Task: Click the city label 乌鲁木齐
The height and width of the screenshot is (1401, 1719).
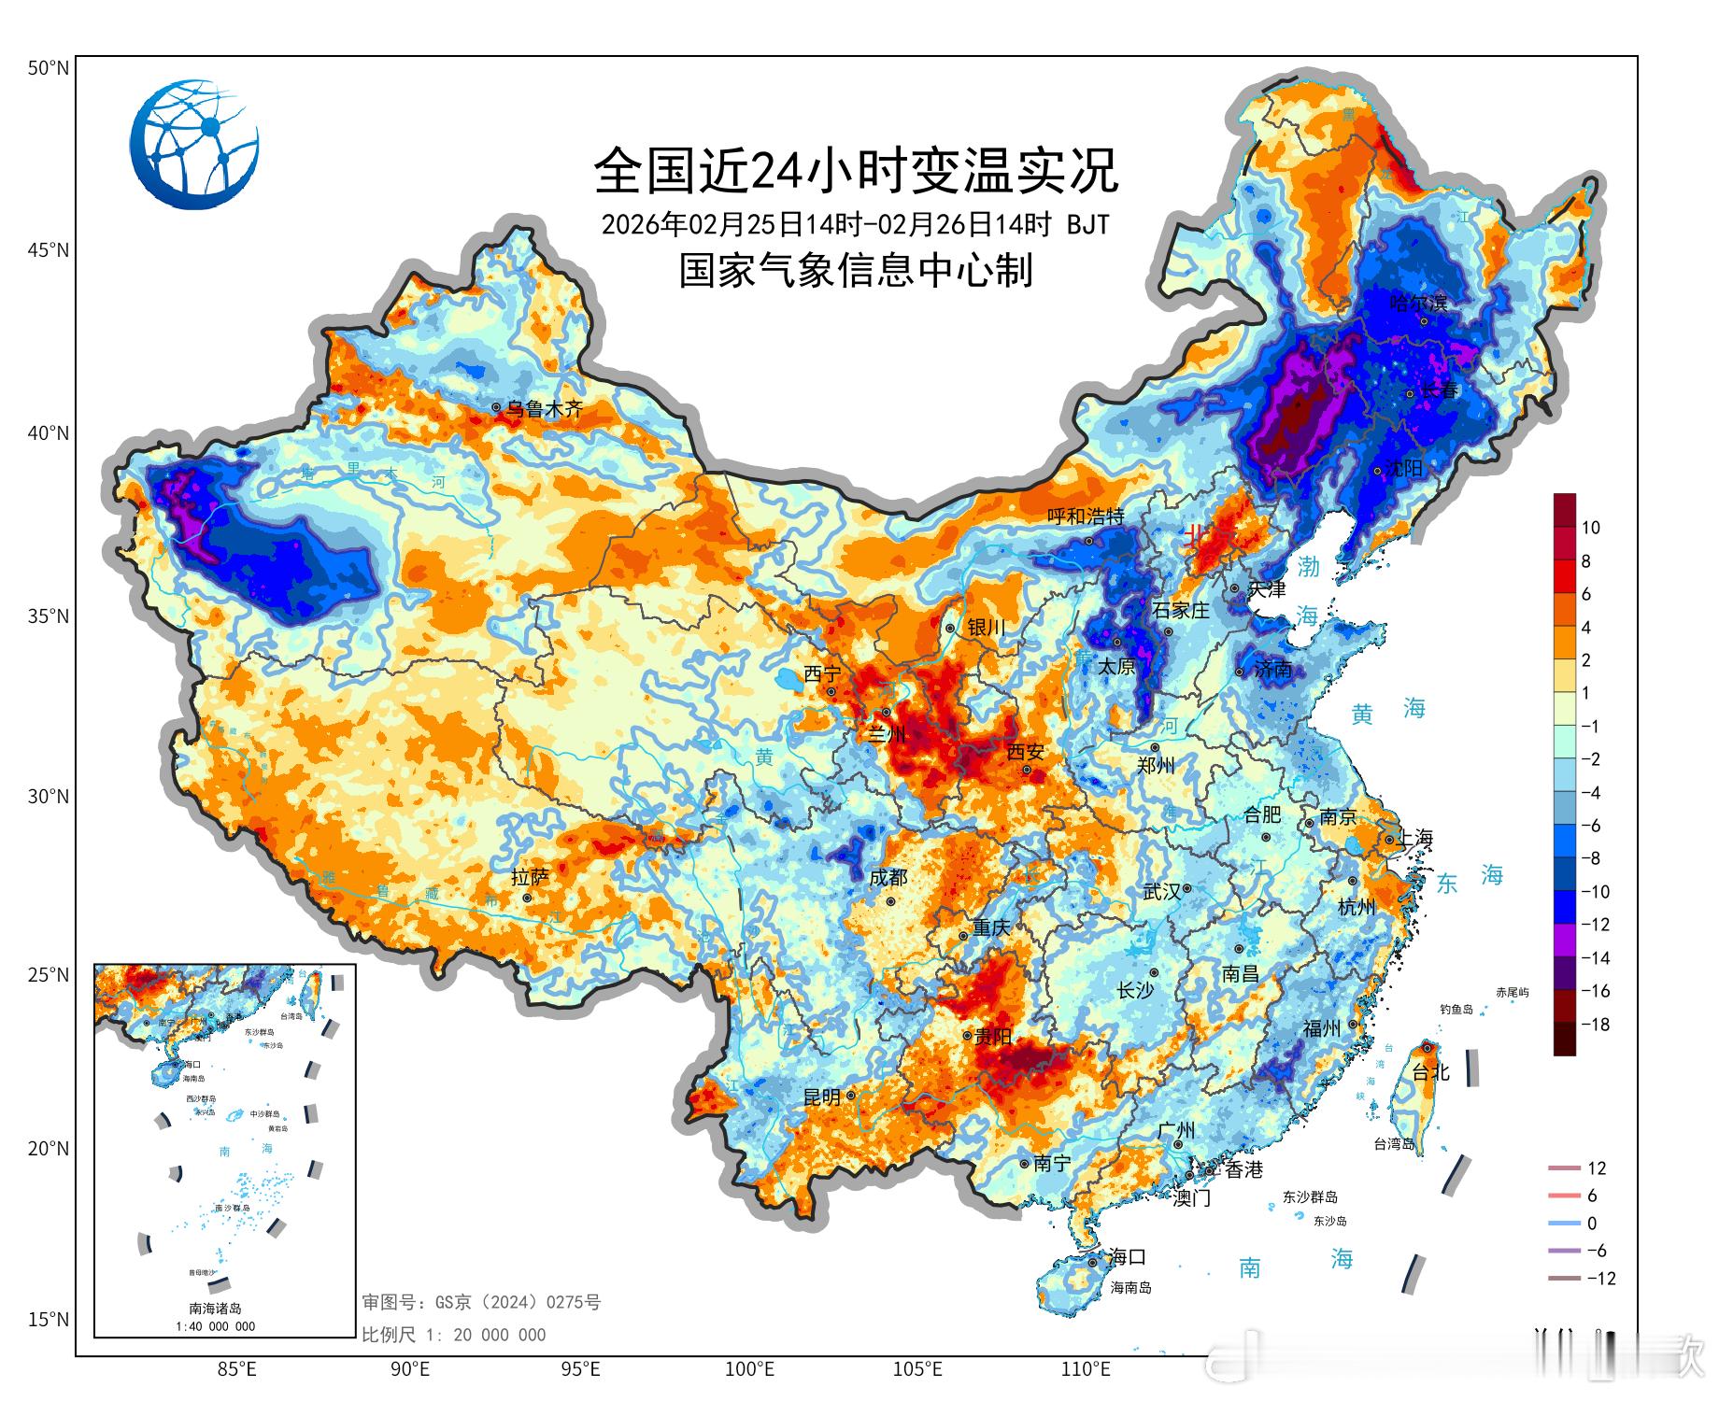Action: pyautogui.click(x=544, y=409)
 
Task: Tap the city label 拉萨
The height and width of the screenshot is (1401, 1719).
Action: pyautogui.click(x=530, y=878)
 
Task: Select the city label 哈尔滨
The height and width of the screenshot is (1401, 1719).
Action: pyautogui.click(x=1418, y=304)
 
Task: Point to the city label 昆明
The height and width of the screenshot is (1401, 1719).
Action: pyautogui.click(x=822, y=1097)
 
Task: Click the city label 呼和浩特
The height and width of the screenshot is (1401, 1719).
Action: pyautogui.click(x=1085, y=517)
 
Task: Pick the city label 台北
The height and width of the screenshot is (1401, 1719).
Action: pyautogui.click(x=1429, y=1072)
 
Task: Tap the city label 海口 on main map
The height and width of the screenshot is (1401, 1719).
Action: pyautogui.click(x=1127, y=1257)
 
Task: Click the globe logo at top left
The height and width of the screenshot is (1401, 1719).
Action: pyautogui.click(x=194, y=145)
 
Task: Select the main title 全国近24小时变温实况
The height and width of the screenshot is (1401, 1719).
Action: pyautogui.click(x=856, y=171)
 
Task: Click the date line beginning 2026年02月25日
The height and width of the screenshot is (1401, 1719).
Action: pyautogui.click(x=855, y=225)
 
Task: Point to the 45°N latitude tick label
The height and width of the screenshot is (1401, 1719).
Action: pyautogui.click(x=48, y=250)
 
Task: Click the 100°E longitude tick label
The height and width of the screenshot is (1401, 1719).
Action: pyautogui.click(x=749, y=1370)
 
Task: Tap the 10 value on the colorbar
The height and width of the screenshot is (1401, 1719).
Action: pyautogui.click(x=1590, y=528)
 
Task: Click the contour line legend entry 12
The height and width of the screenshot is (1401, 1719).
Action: pyautogui.click(x=1596, y=1168)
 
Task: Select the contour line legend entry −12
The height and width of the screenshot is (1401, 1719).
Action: pyautogui.click(x=1600, y=1279)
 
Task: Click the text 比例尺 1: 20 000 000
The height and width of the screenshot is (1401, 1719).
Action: pyautogui.click(x=453, y=1335)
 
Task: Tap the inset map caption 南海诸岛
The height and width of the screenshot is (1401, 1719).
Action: pyautogui.click(x=215, y=1309)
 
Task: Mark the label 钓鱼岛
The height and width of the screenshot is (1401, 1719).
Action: pyautogui.click(x=1456, y=1010)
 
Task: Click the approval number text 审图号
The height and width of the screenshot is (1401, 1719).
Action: pyautogui.click(x=481, y=1302)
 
